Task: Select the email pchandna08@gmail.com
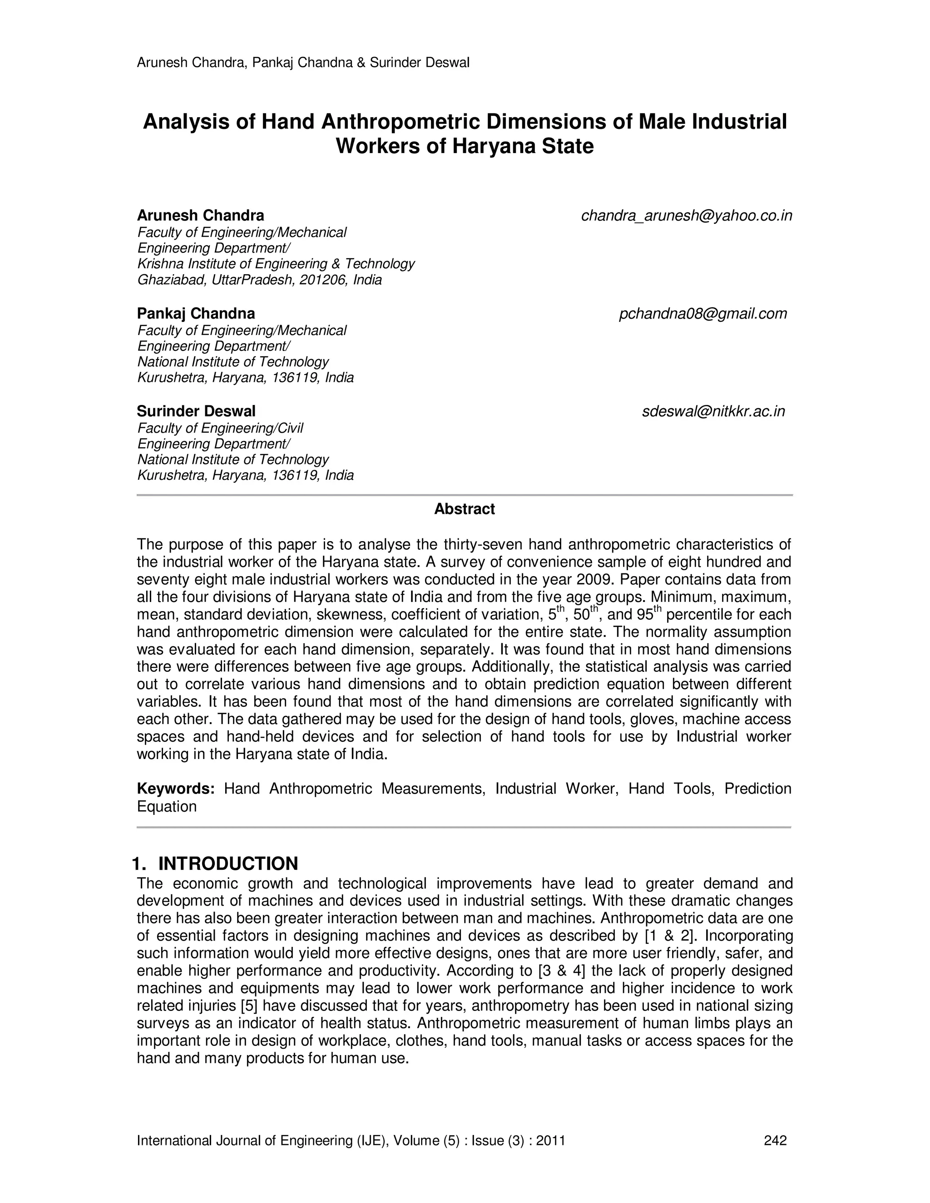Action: tap(702, 314)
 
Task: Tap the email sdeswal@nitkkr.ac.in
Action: tap(713, 411)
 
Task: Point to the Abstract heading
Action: tap(465, 509)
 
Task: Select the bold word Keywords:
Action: tap(175, 789)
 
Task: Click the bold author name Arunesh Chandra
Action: tap(201, 215)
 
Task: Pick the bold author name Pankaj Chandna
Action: tap(196, 314)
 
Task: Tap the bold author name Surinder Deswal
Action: tap(196, 411)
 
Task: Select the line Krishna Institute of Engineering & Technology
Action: tap(276, 264)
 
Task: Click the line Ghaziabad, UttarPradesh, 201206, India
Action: tap(259, 280)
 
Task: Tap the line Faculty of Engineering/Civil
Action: tap(220, 428)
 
